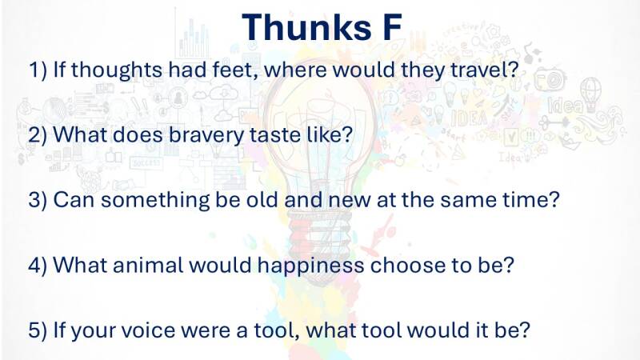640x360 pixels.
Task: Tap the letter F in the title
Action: (392, 27)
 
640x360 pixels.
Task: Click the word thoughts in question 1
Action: (117, 70)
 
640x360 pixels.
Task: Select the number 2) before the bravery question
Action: (38, 135)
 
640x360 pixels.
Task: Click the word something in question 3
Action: (155, 201)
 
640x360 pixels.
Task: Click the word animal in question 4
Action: (148, 266)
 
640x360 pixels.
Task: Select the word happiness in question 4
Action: (310, 266)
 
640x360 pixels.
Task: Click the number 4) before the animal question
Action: (38, 266)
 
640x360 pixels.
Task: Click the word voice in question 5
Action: (149, 330)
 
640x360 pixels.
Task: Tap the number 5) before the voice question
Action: (38, 330)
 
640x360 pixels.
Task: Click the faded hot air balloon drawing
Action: (590, 94)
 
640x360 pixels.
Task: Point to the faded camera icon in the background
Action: (550, 78)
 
